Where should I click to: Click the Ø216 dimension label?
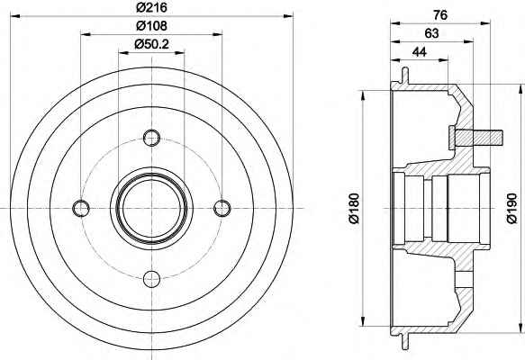tap(151, 7)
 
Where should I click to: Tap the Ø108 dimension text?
tap(151, 26)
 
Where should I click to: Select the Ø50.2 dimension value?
tap(151, 44)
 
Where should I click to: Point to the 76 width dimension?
tap(440, 15)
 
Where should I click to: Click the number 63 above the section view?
tap(431, 33)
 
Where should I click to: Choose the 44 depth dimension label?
tap(420, 52)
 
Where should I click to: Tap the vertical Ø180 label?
tap(354, 208)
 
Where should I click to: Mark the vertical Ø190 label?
tap(511, 208)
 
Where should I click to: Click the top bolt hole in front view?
tap(151, 138)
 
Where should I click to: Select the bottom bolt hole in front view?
tap(151, 279)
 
